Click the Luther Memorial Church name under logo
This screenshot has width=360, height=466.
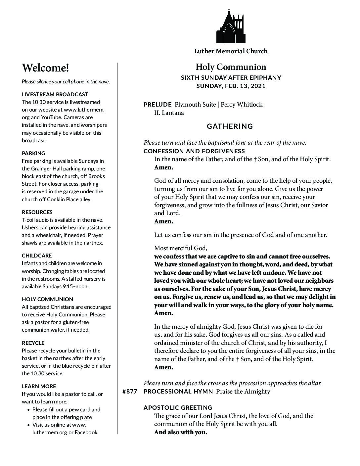pyautogui.click(x=231, y=51)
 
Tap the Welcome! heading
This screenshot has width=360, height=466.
pyautogui.click(x=46, y=68)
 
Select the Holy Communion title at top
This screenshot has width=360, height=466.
pyautogui.click(x=231, y=67)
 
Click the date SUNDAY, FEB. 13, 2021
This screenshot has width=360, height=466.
pyautogui.click(x=231, y=86)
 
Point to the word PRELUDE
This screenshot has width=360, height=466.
pyautogui.click(x=157, y=105)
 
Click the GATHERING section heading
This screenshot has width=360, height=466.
pyautogui.click(x=230, y=126)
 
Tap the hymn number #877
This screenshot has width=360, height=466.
pyautogui.click(x=130, y=392)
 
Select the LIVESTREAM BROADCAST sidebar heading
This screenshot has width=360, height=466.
pyautogui.click(x=55, y=94)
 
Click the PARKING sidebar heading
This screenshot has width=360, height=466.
pyautogui.click(x=33, y=153)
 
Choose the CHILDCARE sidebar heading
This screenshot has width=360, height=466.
pyautogui.click(x=37, y=256)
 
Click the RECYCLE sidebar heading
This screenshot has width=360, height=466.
pyautogui.click(x=33, y=343)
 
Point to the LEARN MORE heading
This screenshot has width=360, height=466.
pyautogui.click(x=39, y=386)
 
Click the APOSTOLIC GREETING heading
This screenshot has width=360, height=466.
pyautogui.click(x=178, y=408)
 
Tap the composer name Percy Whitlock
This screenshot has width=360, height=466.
pyautogui.click(x=242, y=105)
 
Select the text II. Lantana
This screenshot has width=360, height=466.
pyautogui.click(x=169, y=113)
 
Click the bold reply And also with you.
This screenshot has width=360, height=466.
pyautogui.click(x=180, y=432)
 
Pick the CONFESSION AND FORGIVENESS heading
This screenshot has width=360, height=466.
pyautogui.click(x=194, y=151)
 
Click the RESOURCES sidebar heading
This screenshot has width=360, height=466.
pyautogui.click(x=37, y=212)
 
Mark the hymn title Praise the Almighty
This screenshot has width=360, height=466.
pyautogui.click(x=243, y=392)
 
